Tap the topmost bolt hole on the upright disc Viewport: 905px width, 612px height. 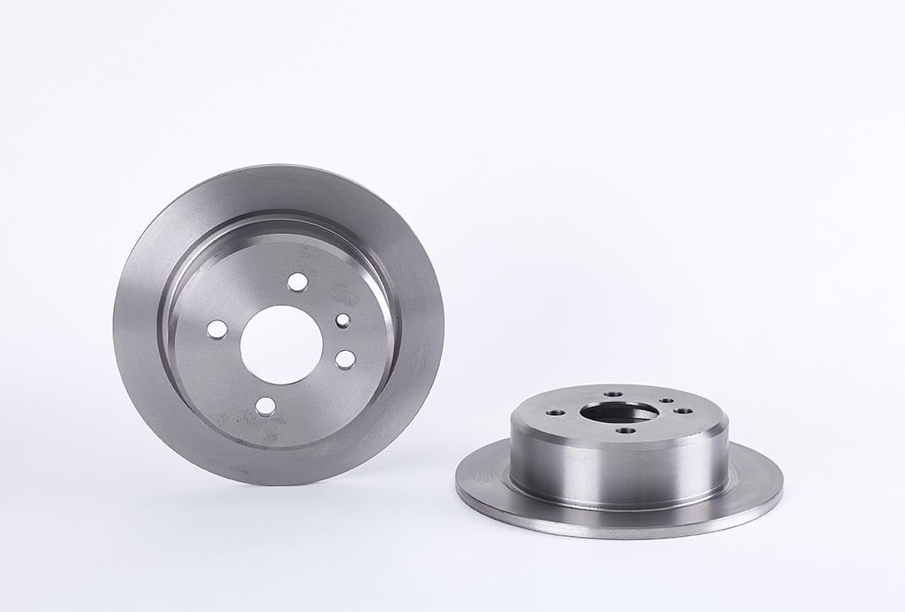(297, 282)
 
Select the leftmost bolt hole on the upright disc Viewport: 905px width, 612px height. (217, 330)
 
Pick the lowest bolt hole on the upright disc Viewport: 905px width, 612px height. (265, 406)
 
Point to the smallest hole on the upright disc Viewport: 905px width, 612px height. (343, 320)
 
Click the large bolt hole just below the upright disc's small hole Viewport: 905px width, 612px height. (345, 359)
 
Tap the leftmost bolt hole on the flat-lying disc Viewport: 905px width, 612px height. (556, 412)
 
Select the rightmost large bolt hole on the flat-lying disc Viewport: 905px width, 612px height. (683, 411)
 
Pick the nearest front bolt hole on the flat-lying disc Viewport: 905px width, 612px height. (626, 430)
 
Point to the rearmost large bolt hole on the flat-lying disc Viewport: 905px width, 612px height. (613, 394)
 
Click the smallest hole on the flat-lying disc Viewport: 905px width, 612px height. (666, 400)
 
